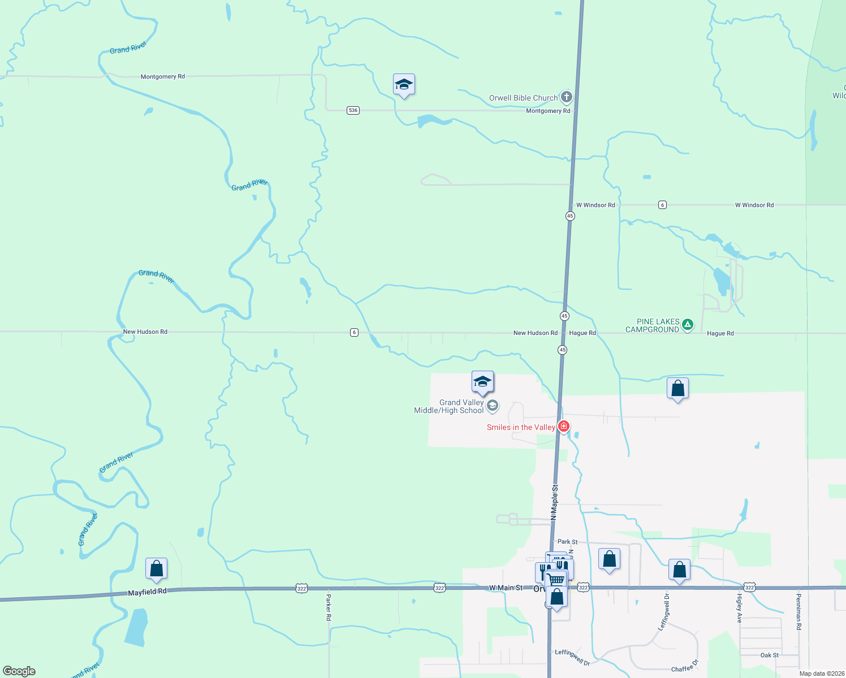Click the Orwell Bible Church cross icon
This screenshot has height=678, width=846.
click(x=566, y=97)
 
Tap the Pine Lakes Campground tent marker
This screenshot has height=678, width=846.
click(x=688, y=324)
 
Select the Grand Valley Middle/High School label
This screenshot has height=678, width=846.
click(x=450, y=406)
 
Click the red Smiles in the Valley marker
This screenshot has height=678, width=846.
click(x=563, y=427)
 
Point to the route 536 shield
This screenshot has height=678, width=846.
click(x=353, y=110)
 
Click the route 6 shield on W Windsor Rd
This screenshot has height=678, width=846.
click(x=662, y=205)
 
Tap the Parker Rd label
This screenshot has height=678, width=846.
click(x=329, y=607)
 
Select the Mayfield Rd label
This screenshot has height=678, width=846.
click(x=147, y=592)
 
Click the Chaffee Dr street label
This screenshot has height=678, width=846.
click(x=685, y=666)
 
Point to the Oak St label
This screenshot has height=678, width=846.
click(x=769, y=655)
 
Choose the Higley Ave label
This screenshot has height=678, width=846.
click(x=739, y=608)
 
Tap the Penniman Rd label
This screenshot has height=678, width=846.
click(x=798, y=611)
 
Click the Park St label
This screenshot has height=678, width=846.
click(x=567, y=541)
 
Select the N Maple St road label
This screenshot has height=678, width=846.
click(x=554, y=502)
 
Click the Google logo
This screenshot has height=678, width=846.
click(x=19, y=671)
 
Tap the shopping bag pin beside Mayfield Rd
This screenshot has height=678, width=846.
click(x=156, y=568)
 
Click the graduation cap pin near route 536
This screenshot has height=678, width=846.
click(x=404, y=85)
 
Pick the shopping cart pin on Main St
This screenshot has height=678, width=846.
click(x=555, y=580)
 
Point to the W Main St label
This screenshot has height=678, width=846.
click(x=506, y=588)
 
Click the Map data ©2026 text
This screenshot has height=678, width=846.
click(x=821, y=673)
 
